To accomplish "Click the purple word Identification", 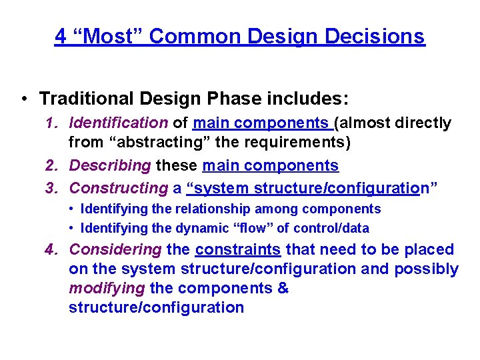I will pos(119,123).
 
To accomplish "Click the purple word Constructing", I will pos(119,188).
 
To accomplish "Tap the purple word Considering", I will pos(115,250).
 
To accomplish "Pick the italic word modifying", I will pos(107,289).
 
